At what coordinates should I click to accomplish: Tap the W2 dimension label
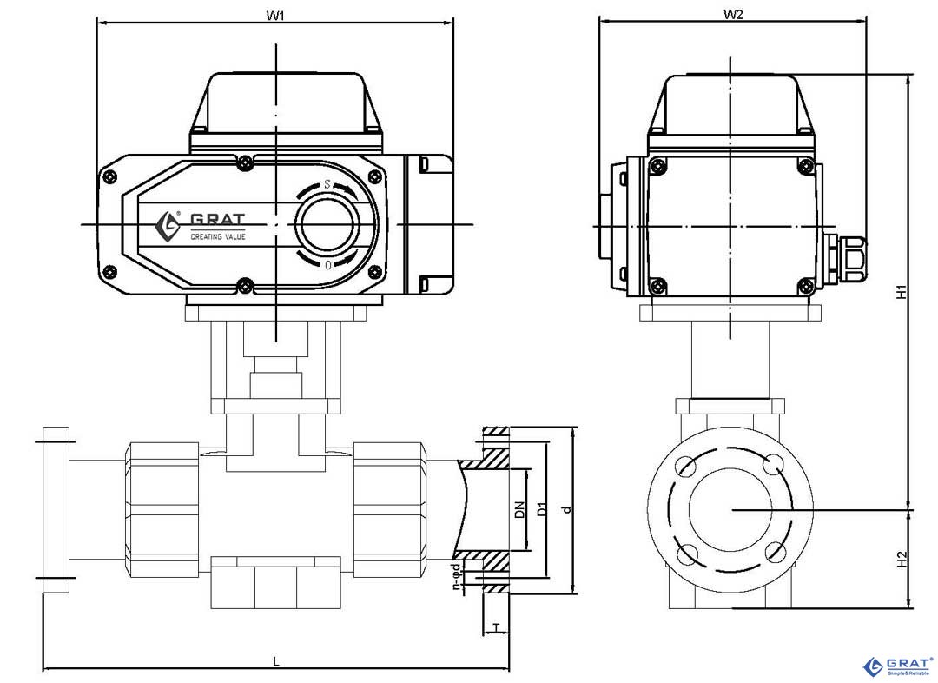(x=733, y=14)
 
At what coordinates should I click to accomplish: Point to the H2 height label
(x=902, y=560)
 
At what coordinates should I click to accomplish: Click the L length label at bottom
(x=276, y=661)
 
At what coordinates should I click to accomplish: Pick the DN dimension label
(x=519, y=511)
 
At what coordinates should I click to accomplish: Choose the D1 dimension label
(x=541, y=511)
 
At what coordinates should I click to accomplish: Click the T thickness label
(x=496, y=627)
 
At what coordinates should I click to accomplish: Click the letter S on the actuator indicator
(x=327, y=184)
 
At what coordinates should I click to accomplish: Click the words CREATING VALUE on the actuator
(x=218, y=236)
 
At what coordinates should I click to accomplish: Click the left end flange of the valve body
(x=56, y=510)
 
